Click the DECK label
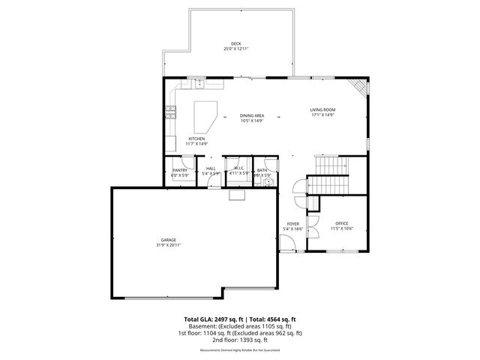(x=236, y=43)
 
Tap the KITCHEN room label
(x=196, y=139)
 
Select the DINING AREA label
(x=252, y=115)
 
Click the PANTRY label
(x=180, y=170)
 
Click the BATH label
(x=262, y=170)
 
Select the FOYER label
(x=292, y=223)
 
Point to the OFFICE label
(x=342, y=223)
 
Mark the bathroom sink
(x=268, y=182)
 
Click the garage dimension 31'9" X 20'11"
(x=168, y=245)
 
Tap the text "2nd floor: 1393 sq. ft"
(x=239, y=338)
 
